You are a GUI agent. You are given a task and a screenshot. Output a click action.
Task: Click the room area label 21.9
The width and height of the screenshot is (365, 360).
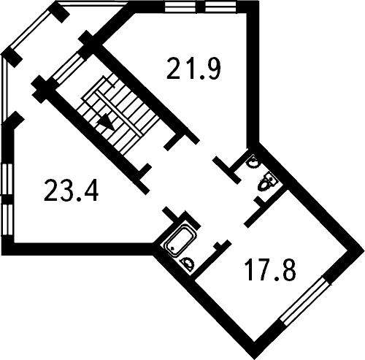click(x=193, y=68)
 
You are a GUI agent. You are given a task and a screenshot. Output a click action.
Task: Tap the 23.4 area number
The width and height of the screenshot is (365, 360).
click(x=71, y=190)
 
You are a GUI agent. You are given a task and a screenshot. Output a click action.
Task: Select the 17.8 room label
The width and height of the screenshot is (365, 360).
click(x=271, y=269)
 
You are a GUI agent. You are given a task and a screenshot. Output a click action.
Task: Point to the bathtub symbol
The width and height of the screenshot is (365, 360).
click(x=181, y=240)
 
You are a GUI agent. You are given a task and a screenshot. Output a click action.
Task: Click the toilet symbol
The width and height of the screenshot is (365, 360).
click(x=267, y=182)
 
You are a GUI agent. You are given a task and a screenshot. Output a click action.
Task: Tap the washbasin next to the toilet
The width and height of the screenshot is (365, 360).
click(x=253, y=162)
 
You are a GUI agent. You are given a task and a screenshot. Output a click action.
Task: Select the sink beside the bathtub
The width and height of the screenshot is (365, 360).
click(x=188, y=264)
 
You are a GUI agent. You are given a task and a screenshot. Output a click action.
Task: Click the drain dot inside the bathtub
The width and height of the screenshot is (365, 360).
click(x=172, y=248)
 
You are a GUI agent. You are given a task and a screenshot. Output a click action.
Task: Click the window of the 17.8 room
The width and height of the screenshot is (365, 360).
click(x=304, y=301)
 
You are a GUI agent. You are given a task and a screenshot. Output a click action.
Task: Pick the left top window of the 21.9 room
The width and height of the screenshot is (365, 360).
click(x=180, y=7)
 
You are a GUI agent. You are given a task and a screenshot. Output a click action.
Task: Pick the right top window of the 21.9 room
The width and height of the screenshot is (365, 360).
click(x=220, y=7)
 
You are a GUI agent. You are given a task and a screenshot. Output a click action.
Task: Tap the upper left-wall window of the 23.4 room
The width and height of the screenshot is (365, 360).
click(x=7, y=179)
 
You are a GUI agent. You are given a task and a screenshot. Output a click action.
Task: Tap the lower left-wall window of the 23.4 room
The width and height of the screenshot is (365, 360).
click(x=7, y=220)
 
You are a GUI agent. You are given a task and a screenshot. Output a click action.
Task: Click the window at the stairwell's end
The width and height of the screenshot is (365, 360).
click(x=67, y=69)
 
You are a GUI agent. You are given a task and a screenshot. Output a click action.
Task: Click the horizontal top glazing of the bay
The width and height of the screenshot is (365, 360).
click(x=92, y=4)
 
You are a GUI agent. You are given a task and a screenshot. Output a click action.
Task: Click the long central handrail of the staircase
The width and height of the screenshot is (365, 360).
click(x=119, y=113)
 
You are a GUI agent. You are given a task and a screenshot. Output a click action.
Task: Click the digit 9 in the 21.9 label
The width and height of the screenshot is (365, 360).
click(x=212, y=68)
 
